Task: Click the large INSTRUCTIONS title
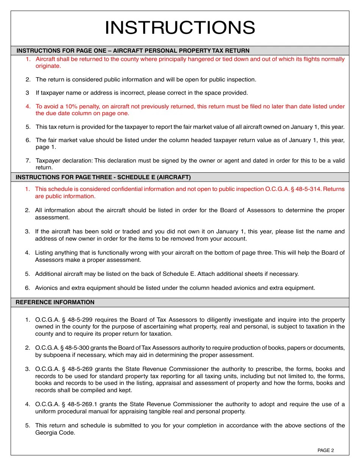(180, 28)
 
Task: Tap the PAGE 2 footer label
(326, 450)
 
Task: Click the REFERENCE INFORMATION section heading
(55, 302)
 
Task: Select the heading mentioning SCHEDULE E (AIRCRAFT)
(103, 177)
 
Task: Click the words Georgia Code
(55, 433)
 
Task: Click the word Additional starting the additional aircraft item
(49, 274)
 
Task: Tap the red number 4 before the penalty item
(28, 106)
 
